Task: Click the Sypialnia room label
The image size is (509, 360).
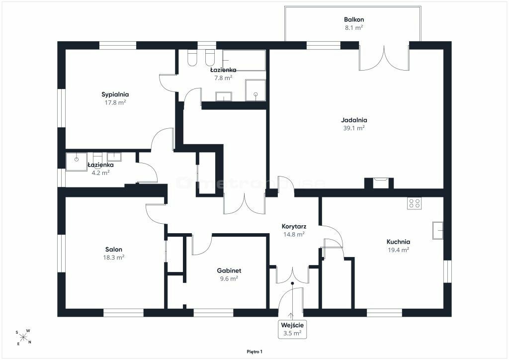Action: [x=115, y=94]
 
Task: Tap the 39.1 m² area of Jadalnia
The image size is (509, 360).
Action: [x=354, y=128]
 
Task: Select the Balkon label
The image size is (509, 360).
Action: [x=354, y=19]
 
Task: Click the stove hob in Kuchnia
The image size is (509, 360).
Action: [x=415, y=203]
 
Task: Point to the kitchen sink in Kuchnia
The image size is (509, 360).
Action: [x=437, y=231]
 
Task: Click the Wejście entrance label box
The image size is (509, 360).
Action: [x=292, y=329]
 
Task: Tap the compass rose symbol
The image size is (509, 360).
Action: [x=23, y=337]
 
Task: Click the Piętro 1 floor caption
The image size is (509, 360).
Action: [x=254, y=352]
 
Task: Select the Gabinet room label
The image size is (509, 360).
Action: [x=229, y=270]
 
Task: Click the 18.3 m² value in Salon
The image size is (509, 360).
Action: [x=114, y=258]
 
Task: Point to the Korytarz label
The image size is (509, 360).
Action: [x=294, y=226]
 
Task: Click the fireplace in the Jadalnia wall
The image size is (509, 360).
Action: [x=379, y=183]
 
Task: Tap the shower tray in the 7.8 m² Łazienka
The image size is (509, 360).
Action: [x=255, y=90]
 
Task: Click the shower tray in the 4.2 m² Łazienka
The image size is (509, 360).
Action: [x=76, y=162]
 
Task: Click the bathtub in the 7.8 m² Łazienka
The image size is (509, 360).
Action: [x=244, y=60]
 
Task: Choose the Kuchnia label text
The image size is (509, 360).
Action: [x=398, y=242]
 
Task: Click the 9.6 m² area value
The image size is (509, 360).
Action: [x=229, y=278]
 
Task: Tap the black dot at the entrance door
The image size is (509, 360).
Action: [x=292, y=283]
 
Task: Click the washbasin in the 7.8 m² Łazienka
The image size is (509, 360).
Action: [x=224, y=96]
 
